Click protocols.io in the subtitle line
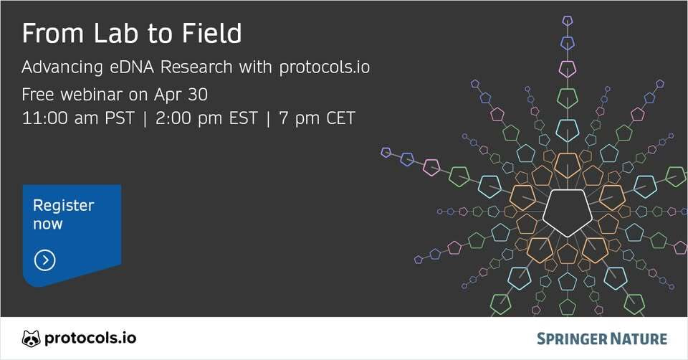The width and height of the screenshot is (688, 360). point(324,68)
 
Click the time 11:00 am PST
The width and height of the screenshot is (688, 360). point(77,118)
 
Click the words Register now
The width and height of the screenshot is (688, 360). point(63,214)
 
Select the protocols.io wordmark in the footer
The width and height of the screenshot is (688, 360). point(90,338)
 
